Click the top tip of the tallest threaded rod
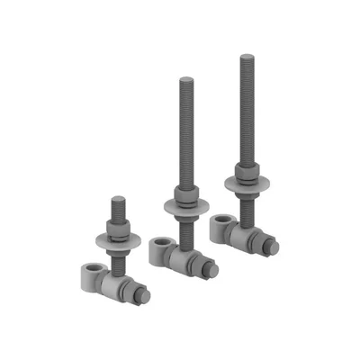click(245, 58)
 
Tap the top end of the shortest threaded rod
click(116, 199)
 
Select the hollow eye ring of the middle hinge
click(160, 245)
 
